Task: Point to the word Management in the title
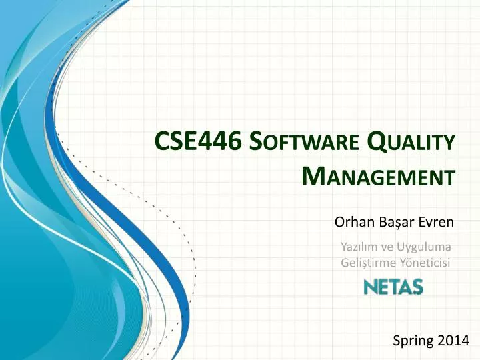click(x=379, y=176)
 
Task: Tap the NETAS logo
click(x=393, y=287)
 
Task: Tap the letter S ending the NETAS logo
click(x=417, y=287)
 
